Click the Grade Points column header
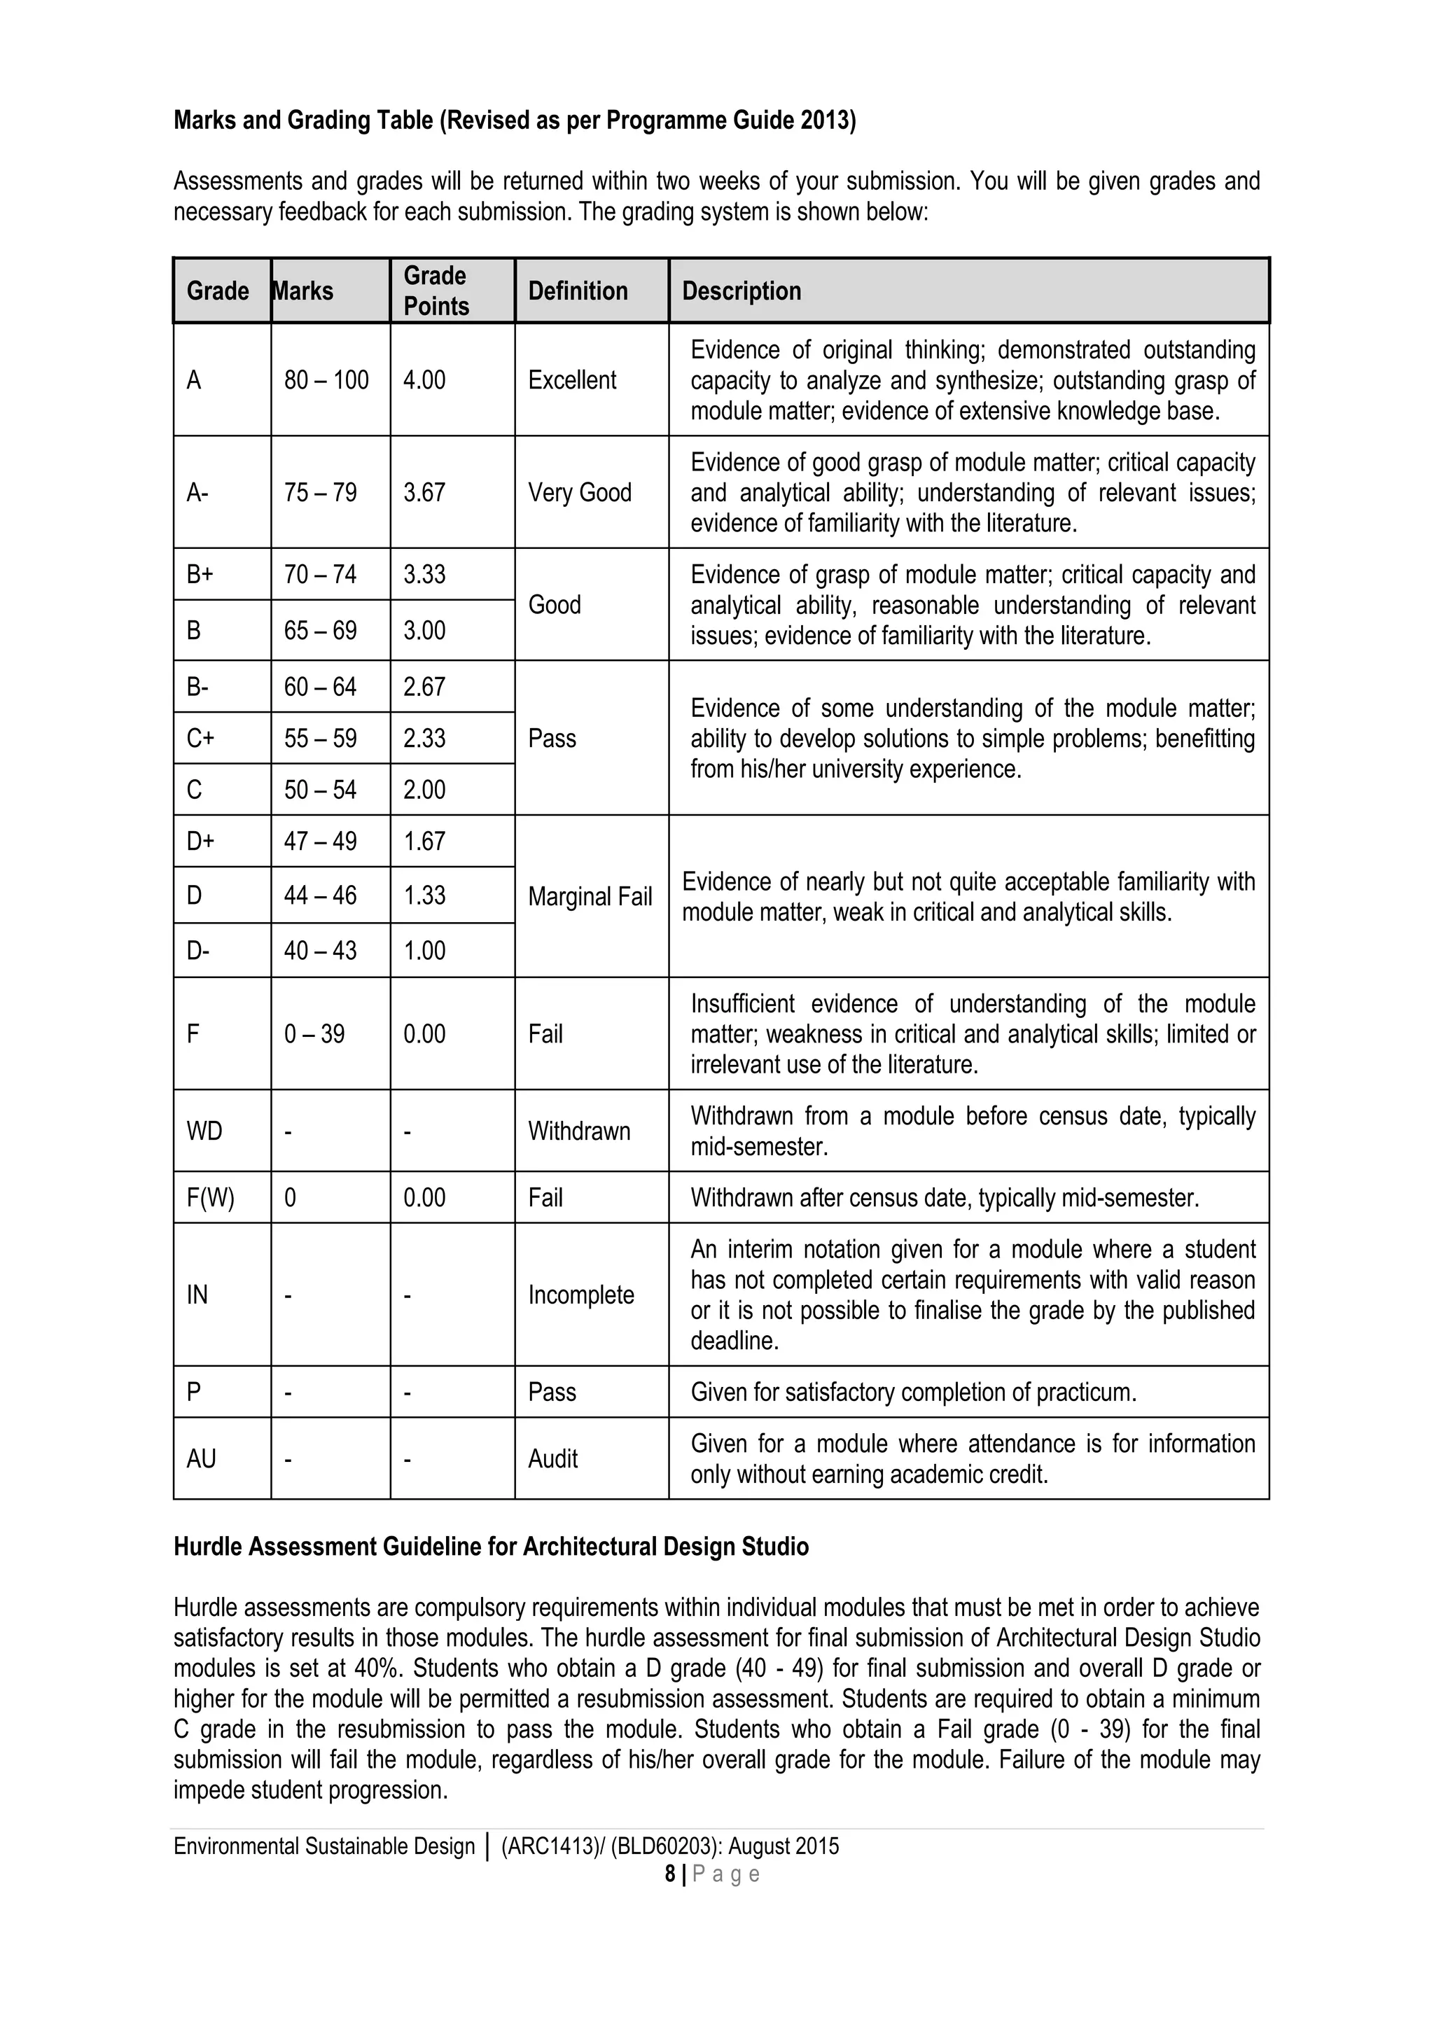click(x=436, y=290)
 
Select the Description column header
click(x=742, y=291)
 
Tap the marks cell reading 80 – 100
click(x=326, y=380)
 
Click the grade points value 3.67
click(x=424, y=492)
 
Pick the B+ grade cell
click(x=200, y=574)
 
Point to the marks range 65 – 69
click(x=320, y=630)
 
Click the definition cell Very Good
click(x=580, y=492)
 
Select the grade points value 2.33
click(x=424, y=738)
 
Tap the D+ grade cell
click(x=200, y=840)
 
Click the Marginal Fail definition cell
click(x=590, y=896)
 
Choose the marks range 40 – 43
click(x=320, y=950)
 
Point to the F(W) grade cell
click(x=210, y=1197)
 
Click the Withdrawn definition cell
click(x=579, y=1131)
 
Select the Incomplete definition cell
click(x=580, y=1295)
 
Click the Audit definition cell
click(x=552, y=1458)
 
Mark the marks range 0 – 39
click(x=314, y=1033)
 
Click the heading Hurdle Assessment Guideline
click(x=490, y=1547)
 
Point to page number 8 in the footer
click(x=669, y=1874)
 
